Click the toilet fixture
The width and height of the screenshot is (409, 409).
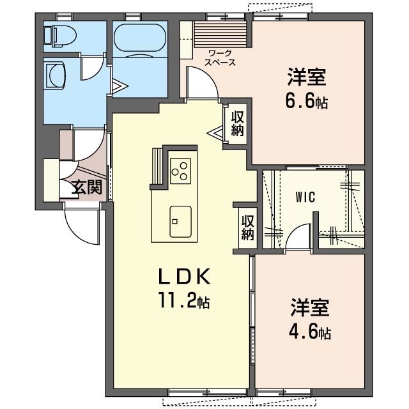point(59,36)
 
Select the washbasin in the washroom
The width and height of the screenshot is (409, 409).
point(54,75)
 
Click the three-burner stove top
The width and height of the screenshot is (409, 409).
point(180,171)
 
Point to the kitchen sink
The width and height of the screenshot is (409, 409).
point(180,222)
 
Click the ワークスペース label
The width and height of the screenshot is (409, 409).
point(220,58)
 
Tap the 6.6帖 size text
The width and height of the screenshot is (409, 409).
point(307,102)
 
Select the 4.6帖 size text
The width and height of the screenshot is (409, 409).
point(310,332)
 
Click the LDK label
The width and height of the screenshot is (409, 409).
point(184,277)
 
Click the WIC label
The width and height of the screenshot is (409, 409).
point(305,197)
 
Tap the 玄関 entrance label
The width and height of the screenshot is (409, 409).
point(87,187)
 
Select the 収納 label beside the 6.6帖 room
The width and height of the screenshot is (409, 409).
point(238,123)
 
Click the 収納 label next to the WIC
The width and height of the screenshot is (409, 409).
point(247,228)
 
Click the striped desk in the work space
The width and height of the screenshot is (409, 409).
point(220,34)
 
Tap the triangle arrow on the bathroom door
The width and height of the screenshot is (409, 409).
point(120,86)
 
